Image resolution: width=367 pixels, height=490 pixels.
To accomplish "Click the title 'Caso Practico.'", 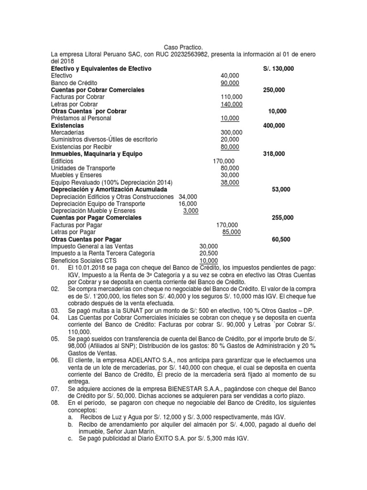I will [183, 47].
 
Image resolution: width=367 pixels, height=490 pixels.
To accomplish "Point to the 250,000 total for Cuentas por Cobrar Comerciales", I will [274, 90].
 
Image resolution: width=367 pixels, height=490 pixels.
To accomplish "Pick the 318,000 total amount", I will [274, 154].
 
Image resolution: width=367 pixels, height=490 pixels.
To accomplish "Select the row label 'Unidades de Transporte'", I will [83, 168].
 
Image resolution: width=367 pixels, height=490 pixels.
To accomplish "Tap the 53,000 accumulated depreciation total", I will [281, 189].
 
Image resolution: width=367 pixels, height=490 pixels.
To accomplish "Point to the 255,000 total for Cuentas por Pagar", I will [282, 218].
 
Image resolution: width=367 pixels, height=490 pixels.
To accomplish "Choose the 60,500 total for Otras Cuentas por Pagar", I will [281, 239].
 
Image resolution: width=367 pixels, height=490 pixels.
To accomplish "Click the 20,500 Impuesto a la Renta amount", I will [209, 253].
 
